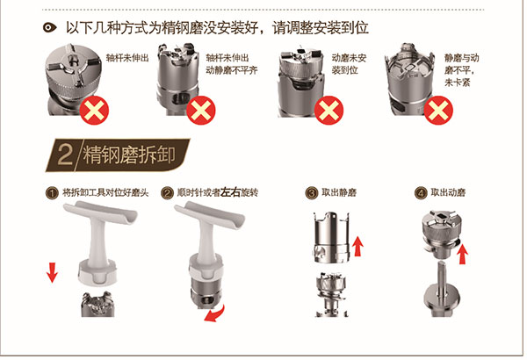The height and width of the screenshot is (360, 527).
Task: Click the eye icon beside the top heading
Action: (50, 27)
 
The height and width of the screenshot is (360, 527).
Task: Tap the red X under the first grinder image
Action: (94, 111)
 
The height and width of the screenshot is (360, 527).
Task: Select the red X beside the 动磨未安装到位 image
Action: (328, 111)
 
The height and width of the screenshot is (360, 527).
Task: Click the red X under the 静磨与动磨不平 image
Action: (438, 111)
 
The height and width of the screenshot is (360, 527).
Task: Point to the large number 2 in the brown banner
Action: (65, 155)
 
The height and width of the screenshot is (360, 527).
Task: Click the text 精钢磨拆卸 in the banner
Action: (129, 155)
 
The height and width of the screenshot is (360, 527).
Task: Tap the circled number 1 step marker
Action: (52, 193)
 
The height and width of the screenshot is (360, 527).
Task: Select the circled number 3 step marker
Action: (312, 193)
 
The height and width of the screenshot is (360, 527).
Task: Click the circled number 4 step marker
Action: (421, 193)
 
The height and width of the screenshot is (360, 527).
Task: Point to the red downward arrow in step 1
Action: (52, 272)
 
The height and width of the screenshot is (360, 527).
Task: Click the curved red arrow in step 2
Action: (214, 313)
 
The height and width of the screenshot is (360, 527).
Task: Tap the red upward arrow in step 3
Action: (357, 246)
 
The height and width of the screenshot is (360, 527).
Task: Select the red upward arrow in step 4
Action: (463, 254)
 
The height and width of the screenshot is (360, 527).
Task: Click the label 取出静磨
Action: (339, 192)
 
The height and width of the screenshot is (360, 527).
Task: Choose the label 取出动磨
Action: (448, 192)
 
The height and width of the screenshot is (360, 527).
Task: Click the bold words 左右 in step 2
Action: (230, 192)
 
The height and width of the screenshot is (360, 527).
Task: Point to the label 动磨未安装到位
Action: (350, 64)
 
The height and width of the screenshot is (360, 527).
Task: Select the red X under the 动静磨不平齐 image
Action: (201, 111)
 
